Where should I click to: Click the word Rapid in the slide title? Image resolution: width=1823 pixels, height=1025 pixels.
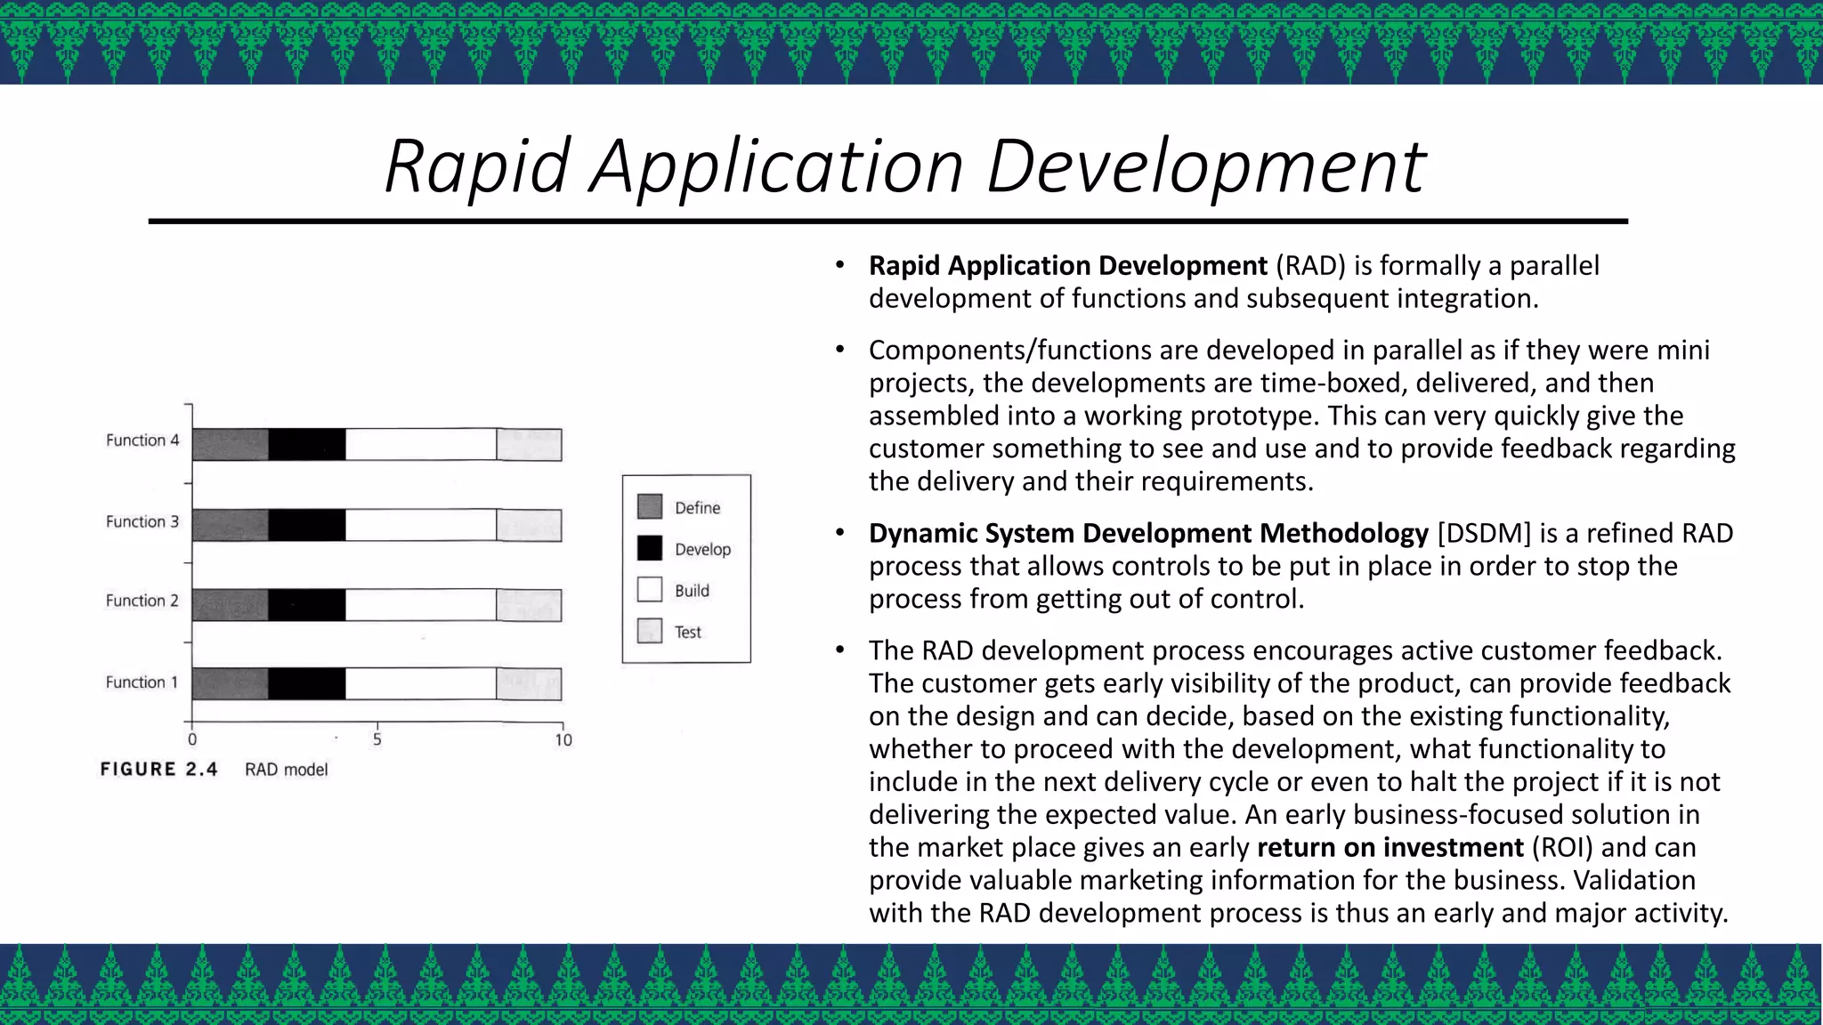476,166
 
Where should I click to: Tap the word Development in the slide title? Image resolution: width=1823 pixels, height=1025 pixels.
1206,166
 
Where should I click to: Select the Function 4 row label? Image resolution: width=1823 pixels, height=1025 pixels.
142,440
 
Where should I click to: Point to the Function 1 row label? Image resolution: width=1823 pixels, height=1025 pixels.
142,682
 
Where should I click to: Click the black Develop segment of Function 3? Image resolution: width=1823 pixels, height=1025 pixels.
307,525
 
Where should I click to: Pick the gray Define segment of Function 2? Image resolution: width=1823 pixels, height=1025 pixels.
230,605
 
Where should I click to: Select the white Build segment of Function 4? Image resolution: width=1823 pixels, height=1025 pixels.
420,444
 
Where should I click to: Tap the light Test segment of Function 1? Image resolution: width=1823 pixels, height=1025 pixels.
529,684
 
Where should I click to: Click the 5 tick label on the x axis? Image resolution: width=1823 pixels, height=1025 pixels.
377,739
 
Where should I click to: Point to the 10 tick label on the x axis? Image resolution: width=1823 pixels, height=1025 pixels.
563,740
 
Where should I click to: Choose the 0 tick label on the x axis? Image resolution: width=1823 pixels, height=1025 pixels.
192,739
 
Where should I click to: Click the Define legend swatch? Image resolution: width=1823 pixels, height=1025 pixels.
650,507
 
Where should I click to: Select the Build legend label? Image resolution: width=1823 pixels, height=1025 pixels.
692,591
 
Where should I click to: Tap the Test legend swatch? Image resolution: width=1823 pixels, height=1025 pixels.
650,631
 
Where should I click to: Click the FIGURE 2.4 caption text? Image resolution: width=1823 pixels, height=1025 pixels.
158,770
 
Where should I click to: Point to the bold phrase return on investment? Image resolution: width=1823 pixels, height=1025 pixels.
1390,847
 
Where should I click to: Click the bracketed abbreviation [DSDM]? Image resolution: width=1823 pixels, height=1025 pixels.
1484,533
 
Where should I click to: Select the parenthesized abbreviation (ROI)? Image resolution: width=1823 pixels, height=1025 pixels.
1562,847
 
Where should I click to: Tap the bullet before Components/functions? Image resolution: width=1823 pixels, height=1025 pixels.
839,350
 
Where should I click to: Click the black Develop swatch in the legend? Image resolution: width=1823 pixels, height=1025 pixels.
650,548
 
